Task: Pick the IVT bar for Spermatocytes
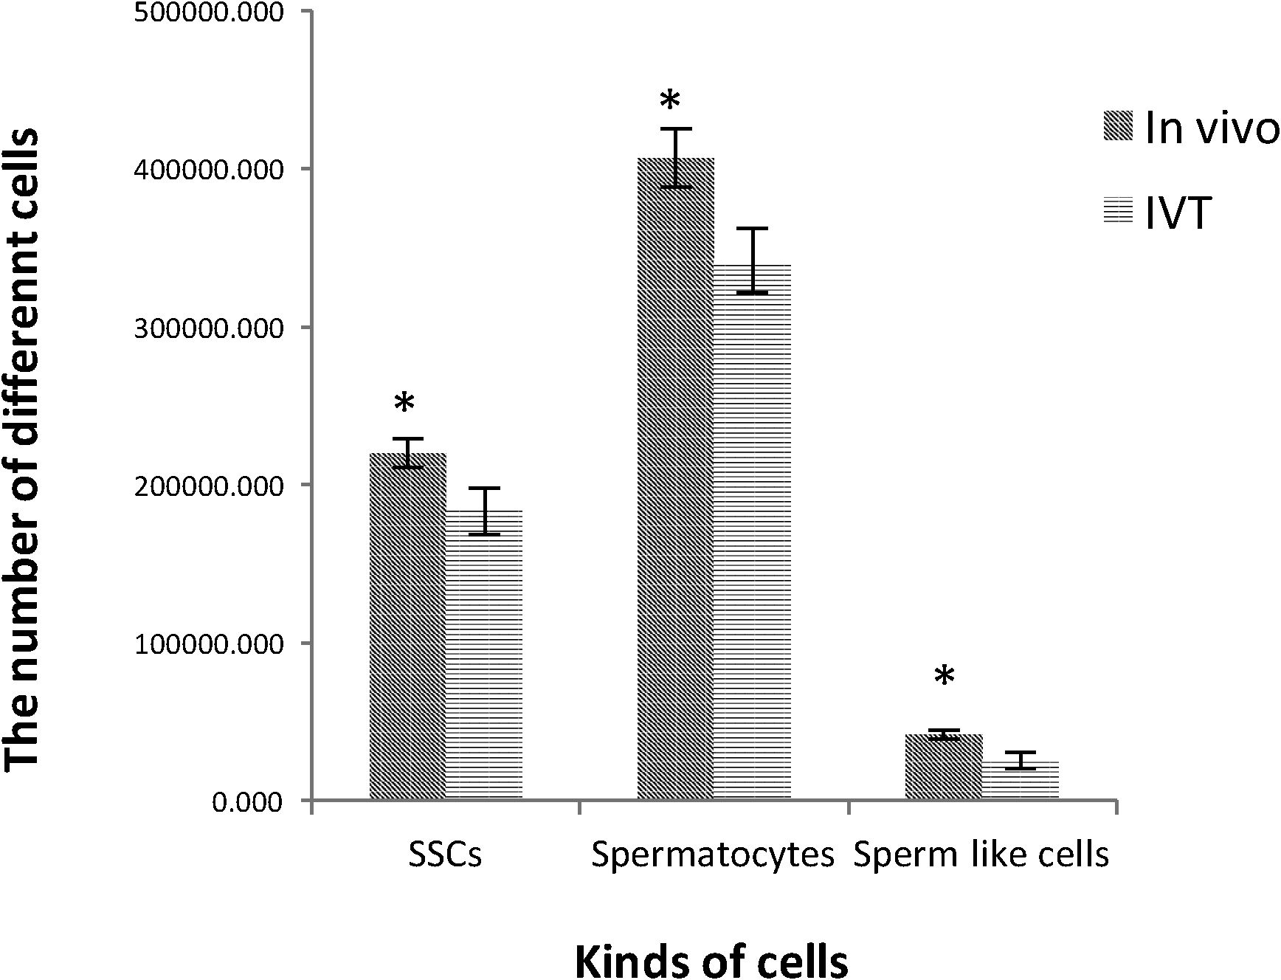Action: tap(753, 531)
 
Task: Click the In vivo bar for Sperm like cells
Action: tap(944, 767)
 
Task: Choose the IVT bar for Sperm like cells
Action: tap(1021, 780)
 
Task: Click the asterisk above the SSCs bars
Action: tap(404, 404)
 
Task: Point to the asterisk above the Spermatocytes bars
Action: tap(670, 102)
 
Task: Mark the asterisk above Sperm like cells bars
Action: tap(944, 676)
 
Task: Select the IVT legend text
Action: tap(1178, 214)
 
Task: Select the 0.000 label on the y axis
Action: tap(248, 801)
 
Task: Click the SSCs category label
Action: tap(445, 855)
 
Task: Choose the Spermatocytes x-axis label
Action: tap(713, 855)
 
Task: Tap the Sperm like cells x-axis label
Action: tap(981, 855)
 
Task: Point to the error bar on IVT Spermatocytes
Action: tap(753, 260)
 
